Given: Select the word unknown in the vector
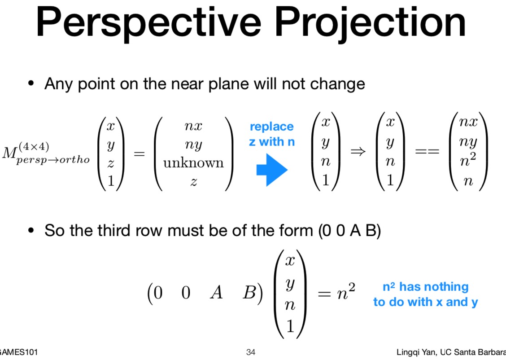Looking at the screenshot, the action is [x=193, y=162].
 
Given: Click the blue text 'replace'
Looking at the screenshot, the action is [x=271, y=127].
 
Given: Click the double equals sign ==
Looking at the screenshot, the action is [x=427, y=153].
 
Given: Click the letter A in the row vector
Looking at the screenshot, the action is [x=216, y=293].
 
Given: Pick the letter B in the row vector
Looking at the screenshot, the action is [x=249, y=293].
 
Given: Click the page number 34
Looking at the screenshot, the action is [x=251, y=352].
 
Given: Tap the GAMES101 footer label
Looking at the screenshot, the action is [x=18, y=352].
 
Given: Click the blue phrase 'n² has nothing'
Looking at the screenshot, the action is [x=425, y=286].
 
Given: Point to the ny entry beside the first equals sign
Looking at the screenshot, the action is [x=193, y=145].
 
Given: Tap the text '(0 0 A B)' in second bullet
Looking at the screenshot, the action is [x=349, y=231].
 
